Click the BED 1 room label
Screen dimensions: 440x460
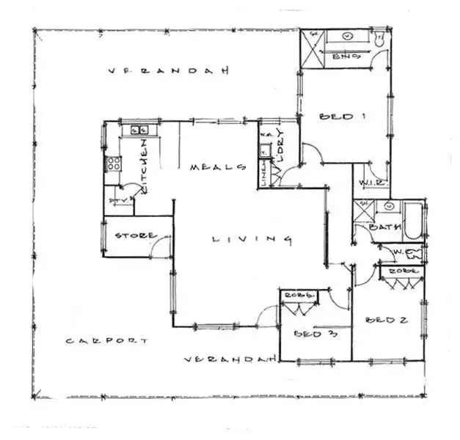point(343,117)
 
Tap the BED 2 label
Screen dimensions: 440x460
point(386,320)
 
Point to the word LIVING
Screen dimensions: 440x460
point(252,239)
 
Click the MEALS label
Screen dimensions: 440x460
point(217,167)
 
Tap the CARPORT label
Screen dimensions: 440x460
point(106,341)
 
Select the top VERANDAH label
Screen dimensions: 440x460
point(168,71)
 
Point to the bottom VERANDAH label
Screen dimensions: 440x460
point(229,359)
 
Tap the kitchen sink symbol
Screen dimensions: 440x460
point(139,130)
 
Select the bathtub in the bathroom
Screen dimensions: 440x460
point(413,220)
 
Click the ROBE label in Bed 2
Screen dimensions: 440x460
point(402,271)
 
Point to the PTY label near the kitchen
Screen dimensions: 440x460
point(117,200)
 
